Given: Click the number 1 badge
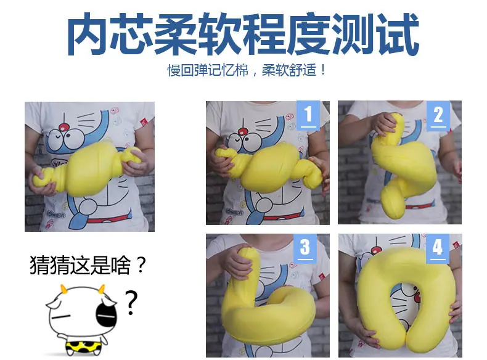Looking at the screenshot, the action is point(308,115).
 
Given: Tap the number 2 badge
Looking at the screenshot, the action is point(438,115).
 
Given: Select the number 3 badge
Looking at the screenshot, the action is point(305,248).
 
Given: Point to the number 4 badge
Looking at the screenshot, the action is point(438,248).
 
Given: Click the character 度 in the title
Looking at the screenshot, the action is point(309,33).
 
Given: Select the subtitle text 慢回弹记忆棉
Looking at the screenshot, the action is point(208,70).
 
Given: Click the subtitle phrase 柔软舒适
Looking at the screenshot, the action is point(289,70).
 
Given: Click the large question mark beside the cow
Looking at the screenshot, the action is point(131,303).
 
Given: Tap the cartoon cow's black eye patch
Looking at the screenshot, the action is point(107,313).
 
